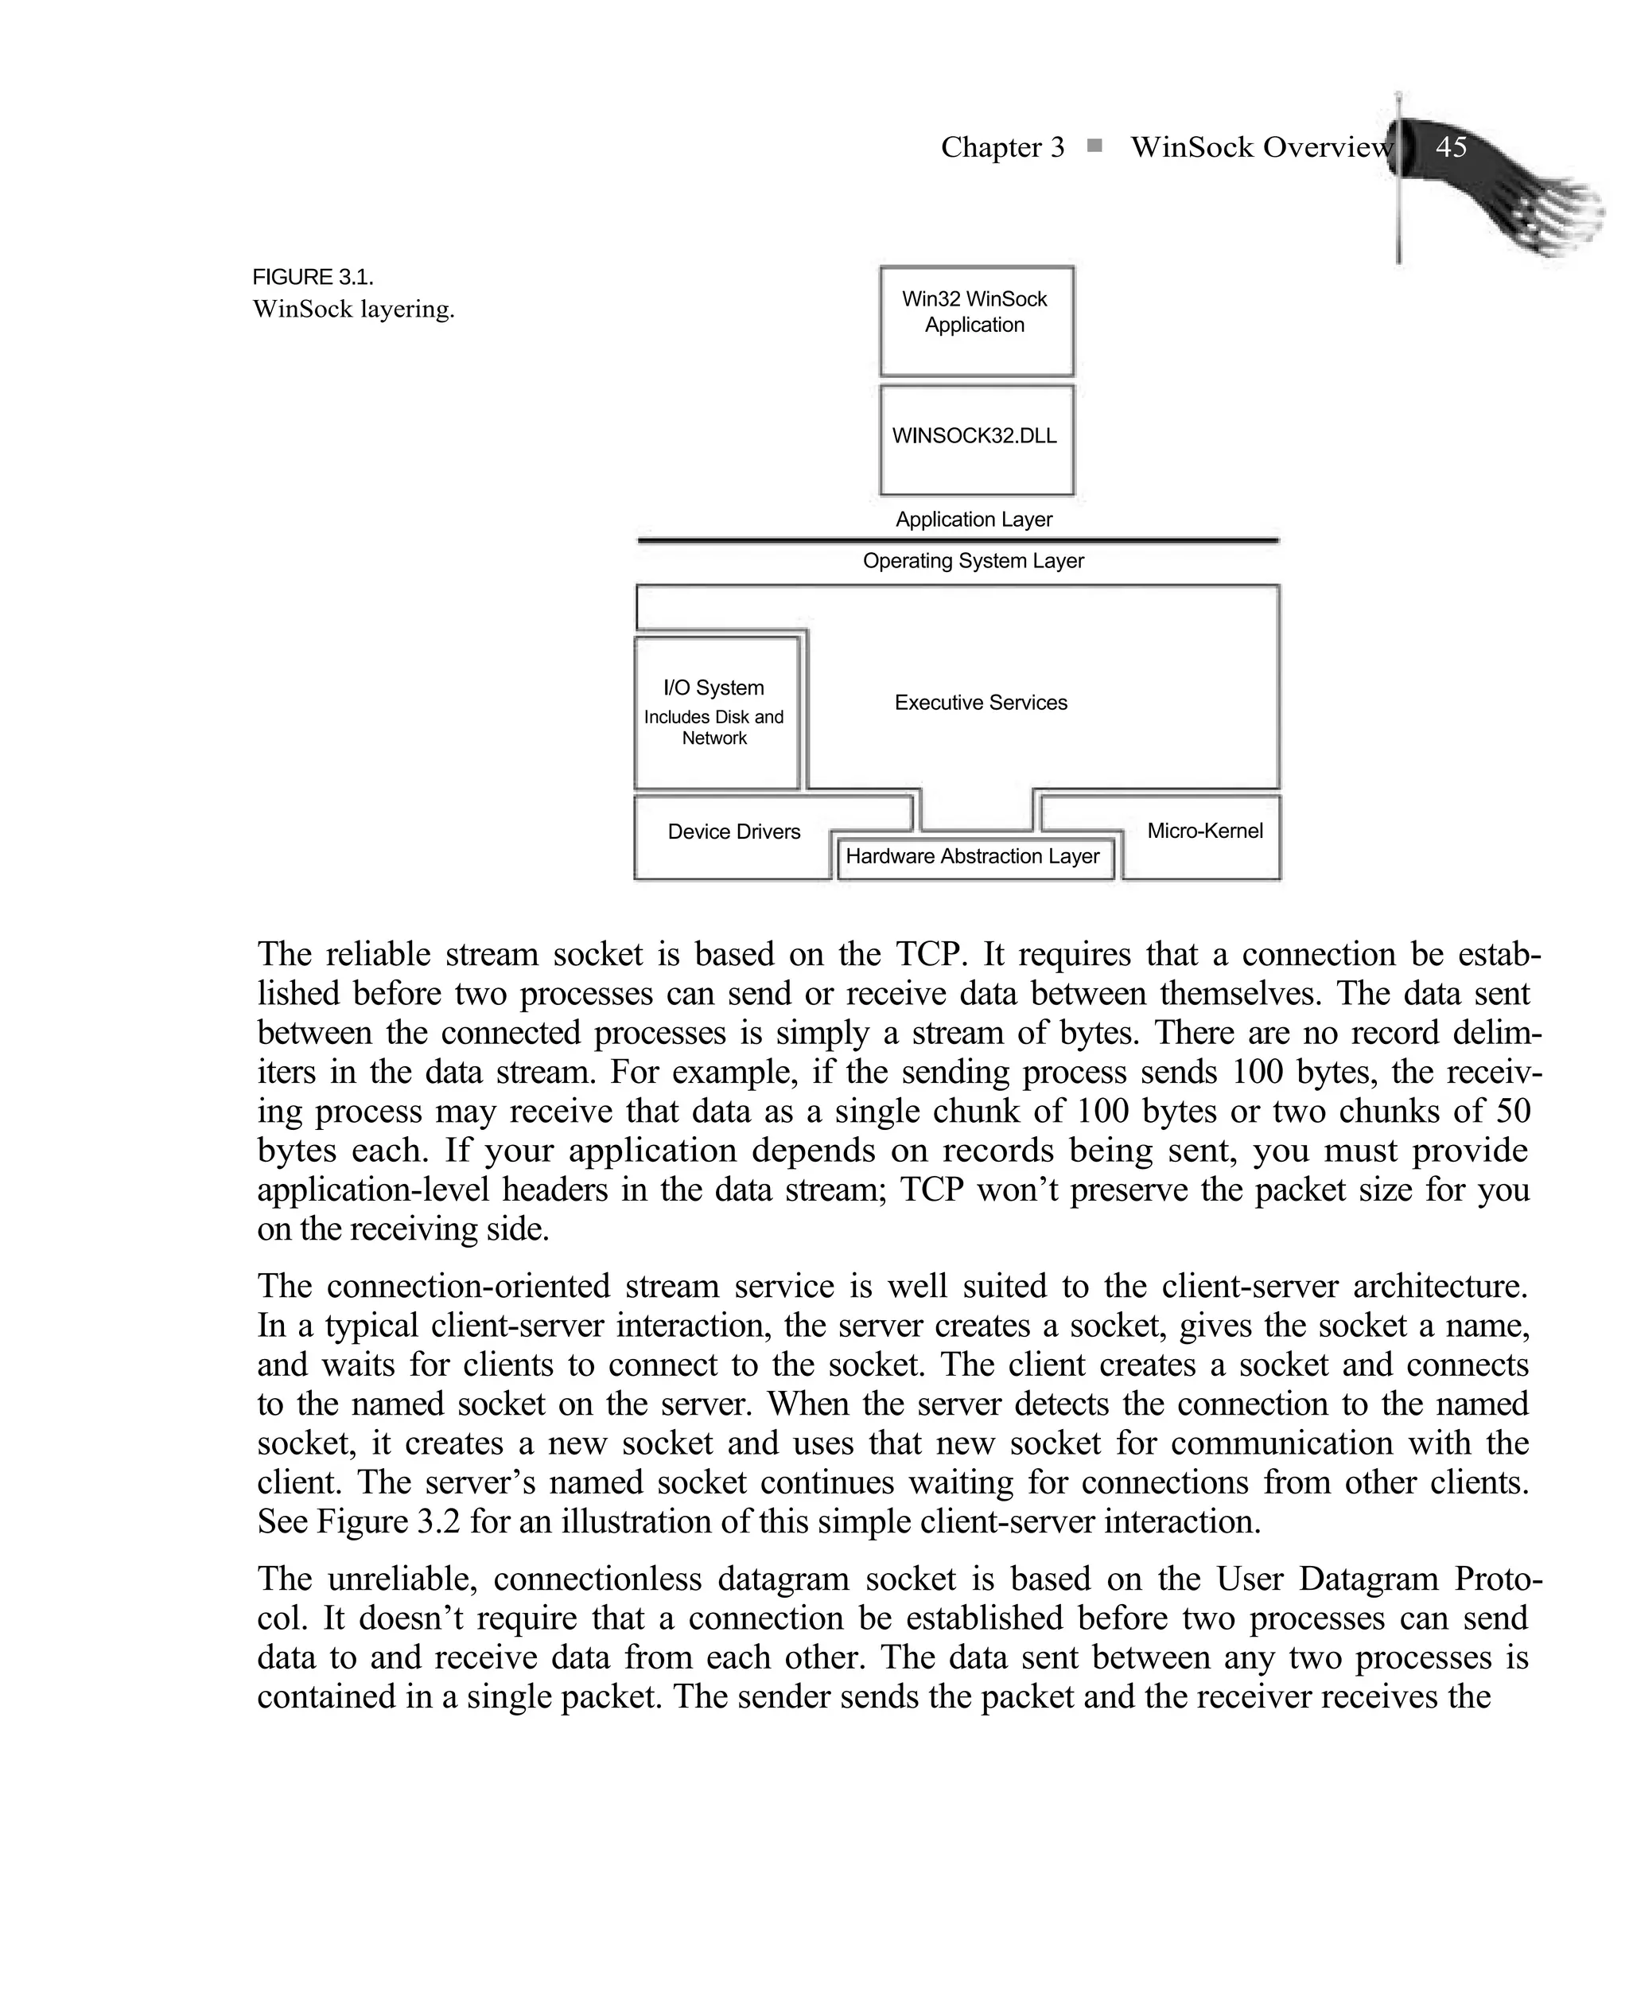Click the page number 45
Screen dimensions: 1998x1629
pyautogui.click(x=1451, y=147)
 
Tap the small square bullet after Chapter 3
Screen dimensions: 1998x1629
pyautogui.click(x=1094, y=146)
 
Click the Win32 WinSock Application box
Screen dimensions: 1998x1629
pyautogui.click(x=976, y=321)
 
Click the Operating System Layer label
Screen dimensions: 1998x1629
pyautogui.click(x=973, y=561)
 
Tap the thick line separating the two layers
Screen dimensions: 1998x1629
pyautogui.click(x=957, y=540)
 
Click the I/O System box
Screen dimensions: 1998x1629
pyautogui.click(x=716, y=713)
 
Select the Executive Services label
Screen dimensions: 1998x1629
pyautogui.click(x=981, y=703)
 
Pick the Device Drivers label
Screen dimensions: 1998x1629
pyautogui.click(x=734, y=832)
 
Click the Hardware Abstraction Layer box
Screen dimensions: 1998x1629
pyautogui.click(x=973, y=857)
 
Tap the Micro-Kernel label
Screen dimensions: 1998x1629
pyautogui.click(x=1205, y=832)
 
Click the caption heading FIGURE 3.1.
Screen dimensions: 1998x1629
pyautogui.click(x=313, y=278)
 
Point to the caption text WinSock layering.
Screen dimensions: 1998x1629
pyautogui.click(x=354, y=310)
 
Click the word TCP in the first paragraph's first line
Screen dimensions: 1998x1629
pyautogui.click(x=927, y=954)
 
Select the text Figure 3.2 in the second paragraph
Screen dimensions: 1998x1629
pyautogui.click(x=387, y=1521)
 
